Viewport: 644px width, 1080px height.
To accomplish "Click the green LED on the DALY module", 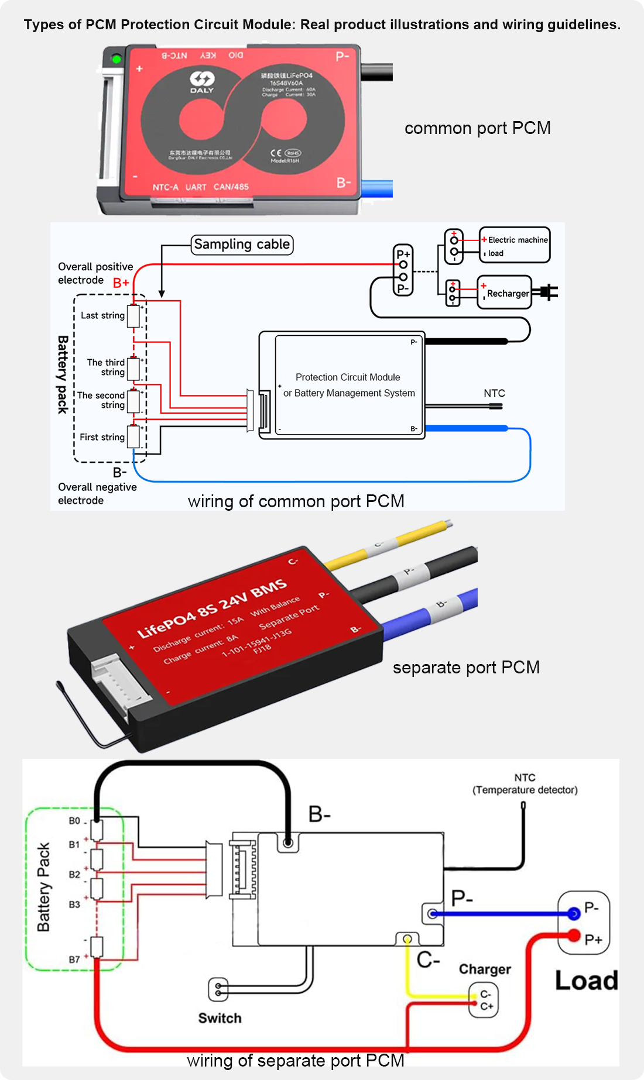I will tap(116, 59).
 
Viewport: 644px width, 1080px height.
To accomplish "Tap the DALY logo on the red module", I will tap(202, 81).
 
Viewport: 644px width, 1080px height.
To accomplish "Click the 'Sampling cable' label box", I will tap(242, 245).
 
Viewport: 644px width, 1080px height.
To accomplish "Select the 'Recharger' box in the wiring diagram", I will tap(505, 293).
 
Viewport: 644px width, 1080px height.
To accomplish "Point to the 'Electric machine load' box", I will tap(515, 245).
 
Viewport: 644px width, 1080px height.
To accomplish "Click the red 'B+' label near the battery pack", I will tap(121, 283).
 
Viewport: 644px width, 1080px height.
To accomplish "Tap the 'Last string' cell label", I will tap(102, 315).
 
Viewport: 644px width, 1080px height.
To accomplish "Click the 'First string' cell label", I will tap(102, 437).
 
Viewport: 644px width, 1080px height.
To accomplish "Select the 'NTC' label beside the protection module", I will tap(494, 393).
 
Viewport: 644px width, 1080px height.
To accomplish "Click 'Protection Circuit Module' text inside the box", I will tap(348, 377).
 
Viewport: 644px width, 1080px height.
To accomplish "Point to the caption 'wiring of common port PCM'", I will tap(296, 501).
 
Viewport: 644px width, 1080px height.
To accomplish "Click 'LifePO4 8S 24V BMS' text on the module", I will tap(211, 608).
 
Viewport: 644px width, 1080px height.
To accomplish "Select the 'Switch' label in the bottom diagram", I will tap(220, 1018).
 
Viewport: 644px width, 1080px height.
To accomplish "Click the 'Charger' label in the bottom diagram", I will tap(485, 969).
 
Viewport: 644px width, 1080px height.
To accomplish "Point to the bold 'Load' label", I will tap(586, 981).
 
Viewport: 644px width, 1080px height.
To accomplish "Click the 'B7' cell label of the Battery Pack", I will tap(74, 959).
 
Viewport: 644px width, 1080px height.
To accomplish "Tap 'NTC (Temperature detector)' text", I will tap(525, 784).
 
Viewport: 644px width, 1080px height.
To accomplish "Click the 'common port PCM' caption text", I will tap(477, 128).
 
